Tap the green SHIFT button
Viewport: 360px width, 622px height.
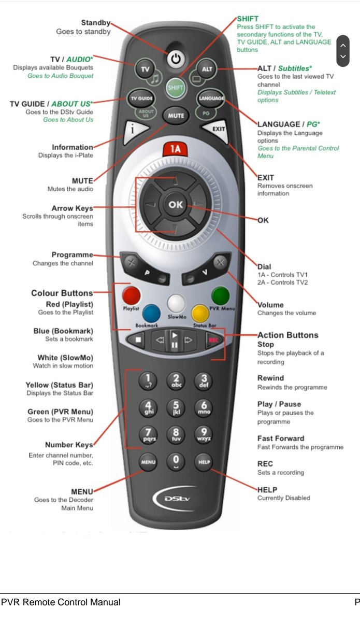point(176,88)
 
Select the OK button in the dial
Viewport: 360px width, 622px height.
point(176,205)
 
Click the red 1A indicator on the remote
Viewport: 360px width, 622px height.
point(176,150)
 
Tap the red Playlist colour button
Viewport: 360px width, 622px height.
point(131,296)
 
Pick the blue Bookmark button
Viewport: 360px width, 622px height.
point(151,313)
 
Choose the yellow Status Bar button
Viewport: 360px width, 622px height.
point(200,313)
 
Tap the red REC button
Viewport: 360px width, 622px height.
point(212,341)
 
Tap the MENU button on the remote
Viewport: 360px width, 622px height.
point(148,461)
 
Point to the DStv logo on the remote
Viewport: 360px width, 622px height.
point(175,499)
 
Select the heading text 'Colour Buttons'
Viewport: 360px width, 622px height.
point(62,293)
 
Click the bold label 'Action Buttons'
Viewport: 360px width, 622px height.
point(287,335)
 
